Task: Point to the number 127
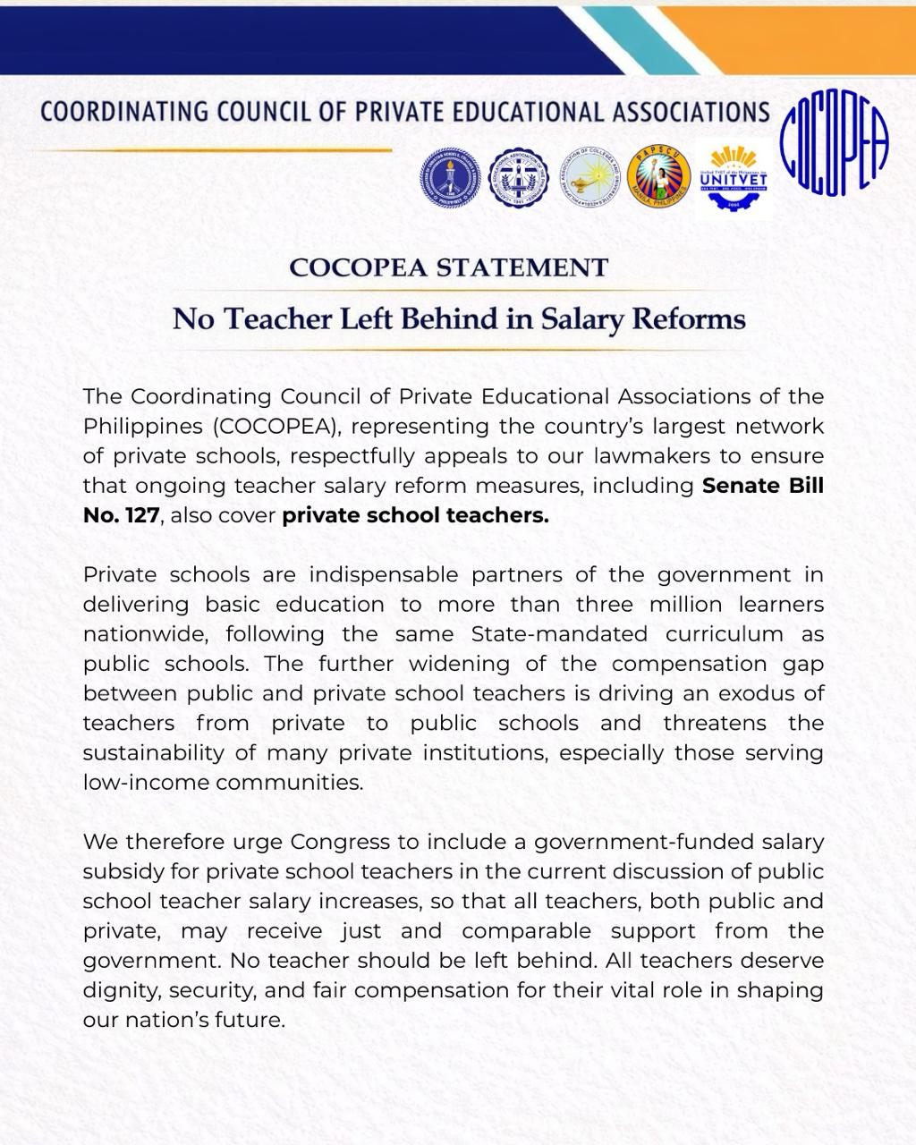tap(141, 515)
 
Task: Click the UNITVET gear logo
tap(733, 178)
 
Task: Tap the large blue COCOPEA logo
tap(835, 148)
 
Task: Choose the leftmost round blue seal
tap(451, 178)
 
